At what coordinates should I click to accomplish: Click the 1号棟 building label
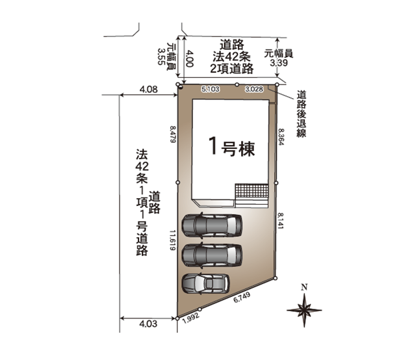pos(231,147)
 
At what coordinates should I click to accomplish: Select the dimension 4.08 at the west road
pos(149,90)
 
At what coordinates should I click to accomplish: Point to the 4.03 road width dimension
pos(148,324)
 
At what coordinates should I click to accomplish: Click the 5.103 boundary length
pos(211,89)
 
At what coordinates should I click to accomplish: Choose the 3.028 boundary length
pos(254,89)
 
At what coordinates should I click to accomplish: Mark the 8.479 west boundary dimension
pos(173,135)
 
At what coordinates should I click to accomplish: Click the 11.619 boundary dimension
pos(173,240)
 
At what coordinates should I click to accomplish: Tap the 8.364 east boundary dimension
pos(281,136)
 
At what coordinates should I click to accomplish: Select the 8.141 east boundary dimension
pos(280,221)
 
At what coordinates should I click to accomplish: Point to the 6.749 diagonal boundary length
pos(242,298)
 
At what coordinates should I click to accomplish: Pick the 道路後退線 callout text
pos(302,114)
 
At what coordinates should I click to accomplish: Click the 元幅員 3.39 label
pos(279,58)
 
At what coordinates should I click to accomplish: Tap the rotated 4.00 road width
pos(190,58)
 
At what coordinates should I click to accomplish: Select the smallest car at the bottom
pos(205,283)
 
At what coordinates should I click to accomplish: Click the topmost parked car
pos(212,225)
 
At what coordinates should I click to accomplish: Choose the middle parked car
pos(212,255)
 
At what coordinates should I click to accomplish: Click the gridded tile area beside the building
pos(252,190)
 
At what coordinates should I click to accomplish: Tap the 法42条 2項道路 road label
pos(231,57)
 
